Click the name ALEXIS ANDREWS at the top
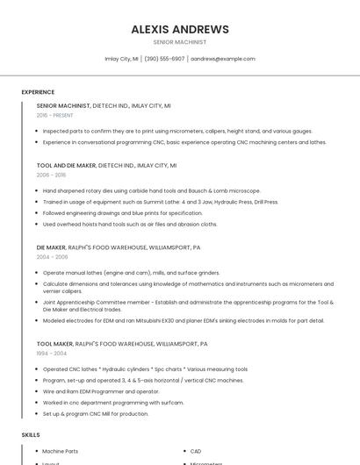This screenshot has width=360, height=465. [180, 29]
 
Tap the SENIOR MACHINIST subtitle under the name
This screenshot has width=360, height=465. [180, 42]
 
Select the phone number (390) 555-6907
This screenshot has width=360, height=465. [164, 59]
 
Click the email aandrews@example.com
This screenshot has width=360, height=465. [223, 59]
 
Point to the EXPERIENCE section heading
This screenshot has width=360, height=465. [38, 92]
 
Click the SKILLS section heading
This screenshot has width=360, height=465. [31, 435]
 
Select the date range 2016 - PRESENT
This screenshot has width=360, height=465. [55, 115]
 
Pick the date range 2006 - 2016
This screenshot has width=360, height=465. [51, 175]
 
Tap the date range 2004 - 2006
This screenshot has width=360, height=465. [52, 257]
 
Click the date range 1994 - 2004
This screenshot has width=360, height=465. [52, 354]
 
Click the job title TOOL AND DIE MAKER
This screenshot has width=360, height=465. [66, 165]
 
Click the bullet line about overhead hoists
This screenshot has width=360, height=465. [129, 224]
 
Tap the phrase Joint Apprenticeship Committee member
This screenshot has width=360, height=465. [96, 302]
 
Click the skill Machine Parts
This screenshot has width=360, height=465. [60, 452]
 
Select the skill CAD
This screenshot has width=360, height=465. [195, 452]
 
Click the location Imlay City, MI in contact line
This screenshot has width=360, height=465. [121, 59]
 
